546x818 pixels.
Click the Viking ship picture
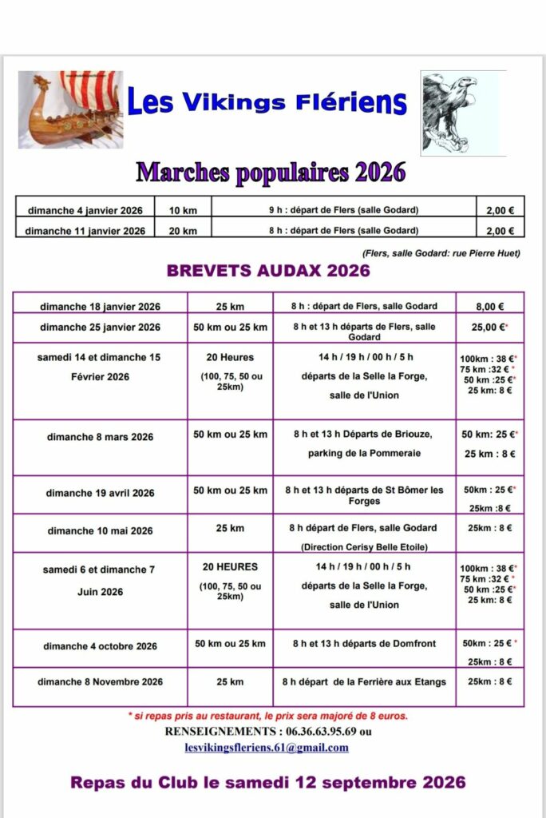point(70,109)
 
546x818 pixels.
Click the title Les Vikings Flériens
point(267,103)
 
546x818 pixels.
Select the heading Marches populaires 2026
point(271,172)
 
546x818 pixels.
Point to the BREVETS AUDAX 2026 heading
point(268,270)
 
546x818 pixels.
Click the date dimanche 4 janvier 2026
point(85,211)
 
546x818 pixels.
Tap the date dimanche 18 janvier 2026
point(101,307)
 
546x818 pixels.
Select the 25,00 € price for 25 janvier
point(489,327)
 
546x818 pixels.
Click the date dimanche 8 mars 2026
point(101,437)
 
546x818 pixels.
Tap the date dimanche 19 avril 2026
point(101,493)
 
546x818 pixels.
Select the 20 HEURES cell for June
point(230,566)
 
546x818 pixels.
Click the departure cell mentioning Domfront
point(363,644)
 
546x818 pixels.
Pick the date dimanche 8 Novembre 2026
point(101,681)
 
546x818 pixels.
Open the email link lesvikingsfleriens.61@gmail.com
point(267,748)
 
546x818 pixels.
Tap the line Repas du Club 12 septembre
point(268,783)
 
